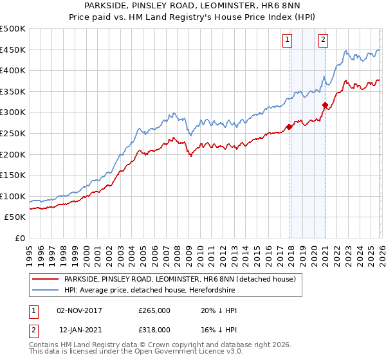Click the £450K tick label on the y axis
[13, 50]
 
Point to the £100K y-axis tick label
[13, 196]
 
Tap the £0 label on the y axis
[19, 238]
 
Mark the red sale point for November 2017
[289, 127]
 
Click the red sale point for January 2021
[325, 105]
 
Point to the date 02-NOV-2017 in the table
[80, 310]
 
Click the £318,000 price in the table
[154, 329]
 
